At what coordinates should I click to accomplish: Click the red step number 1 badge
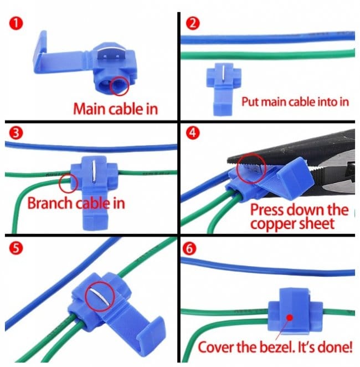(16, 24)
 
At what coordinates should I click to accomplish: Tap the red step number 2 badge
(193, 23)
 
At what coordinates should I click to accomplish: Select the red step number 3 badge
(16, 133)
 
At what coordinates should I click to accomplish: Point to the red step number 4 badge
(193, 133)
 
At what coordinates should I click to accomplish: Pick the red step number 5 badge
(16, 248)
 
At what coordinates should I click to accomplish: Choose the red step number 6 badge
(189, 248)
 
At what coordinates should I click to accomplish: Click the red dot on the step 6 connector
(290, 318)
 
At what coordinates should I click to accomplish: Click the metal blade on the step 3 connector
(94, 170)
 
